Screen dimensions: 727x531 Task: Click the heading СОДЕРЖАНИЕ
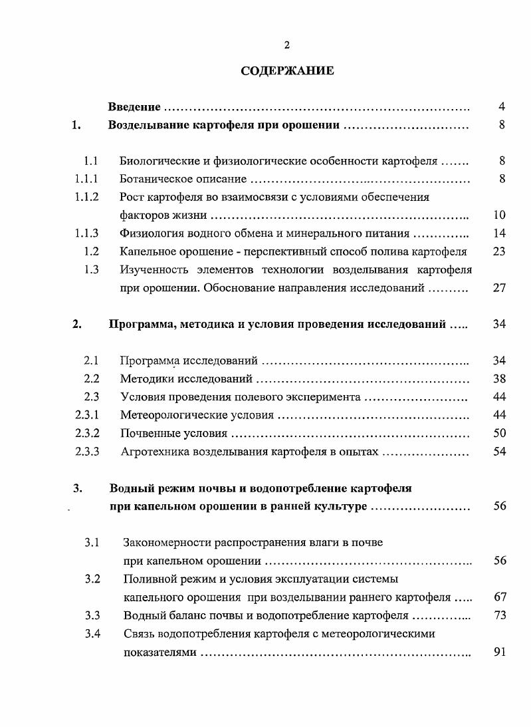pyautogui.click(x=287, y=71)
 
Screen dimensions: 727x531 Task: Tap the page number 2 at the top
pyautogui.click(x=287, y=45)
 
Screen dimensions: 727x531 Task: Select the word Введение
pyautogui.click(x=134, y=107)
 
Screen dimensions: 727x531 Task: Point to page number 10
pyautogui.click(x=500, y=215)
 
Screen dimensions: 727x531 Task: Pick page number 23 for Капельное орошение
pyautogui.click(x=500, y=251)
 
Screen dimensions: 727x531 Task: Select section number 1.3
pyautogui.click(x=92, y=269)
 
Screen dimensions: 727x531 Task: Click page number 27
pyautogui.click(x=500, y=288)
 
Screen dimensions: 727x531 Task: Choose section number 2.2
pyautogui.click(x=92, y=379)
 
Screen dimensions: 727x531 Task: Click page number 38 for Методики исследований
pyautogui.click(x=500, y=379)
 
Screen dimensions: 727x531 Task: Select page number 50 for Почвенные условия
pyautogui.click(x=500, y=434)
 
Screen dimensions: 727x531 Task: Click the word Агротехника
pyautogui.click(x=150, y=452)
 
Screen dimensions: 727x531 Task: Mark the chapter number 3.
pyautogui.click(x=78, y=488)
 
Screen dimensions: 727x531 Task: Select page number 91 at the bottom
pyautogui.click(x=500, y=652)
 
